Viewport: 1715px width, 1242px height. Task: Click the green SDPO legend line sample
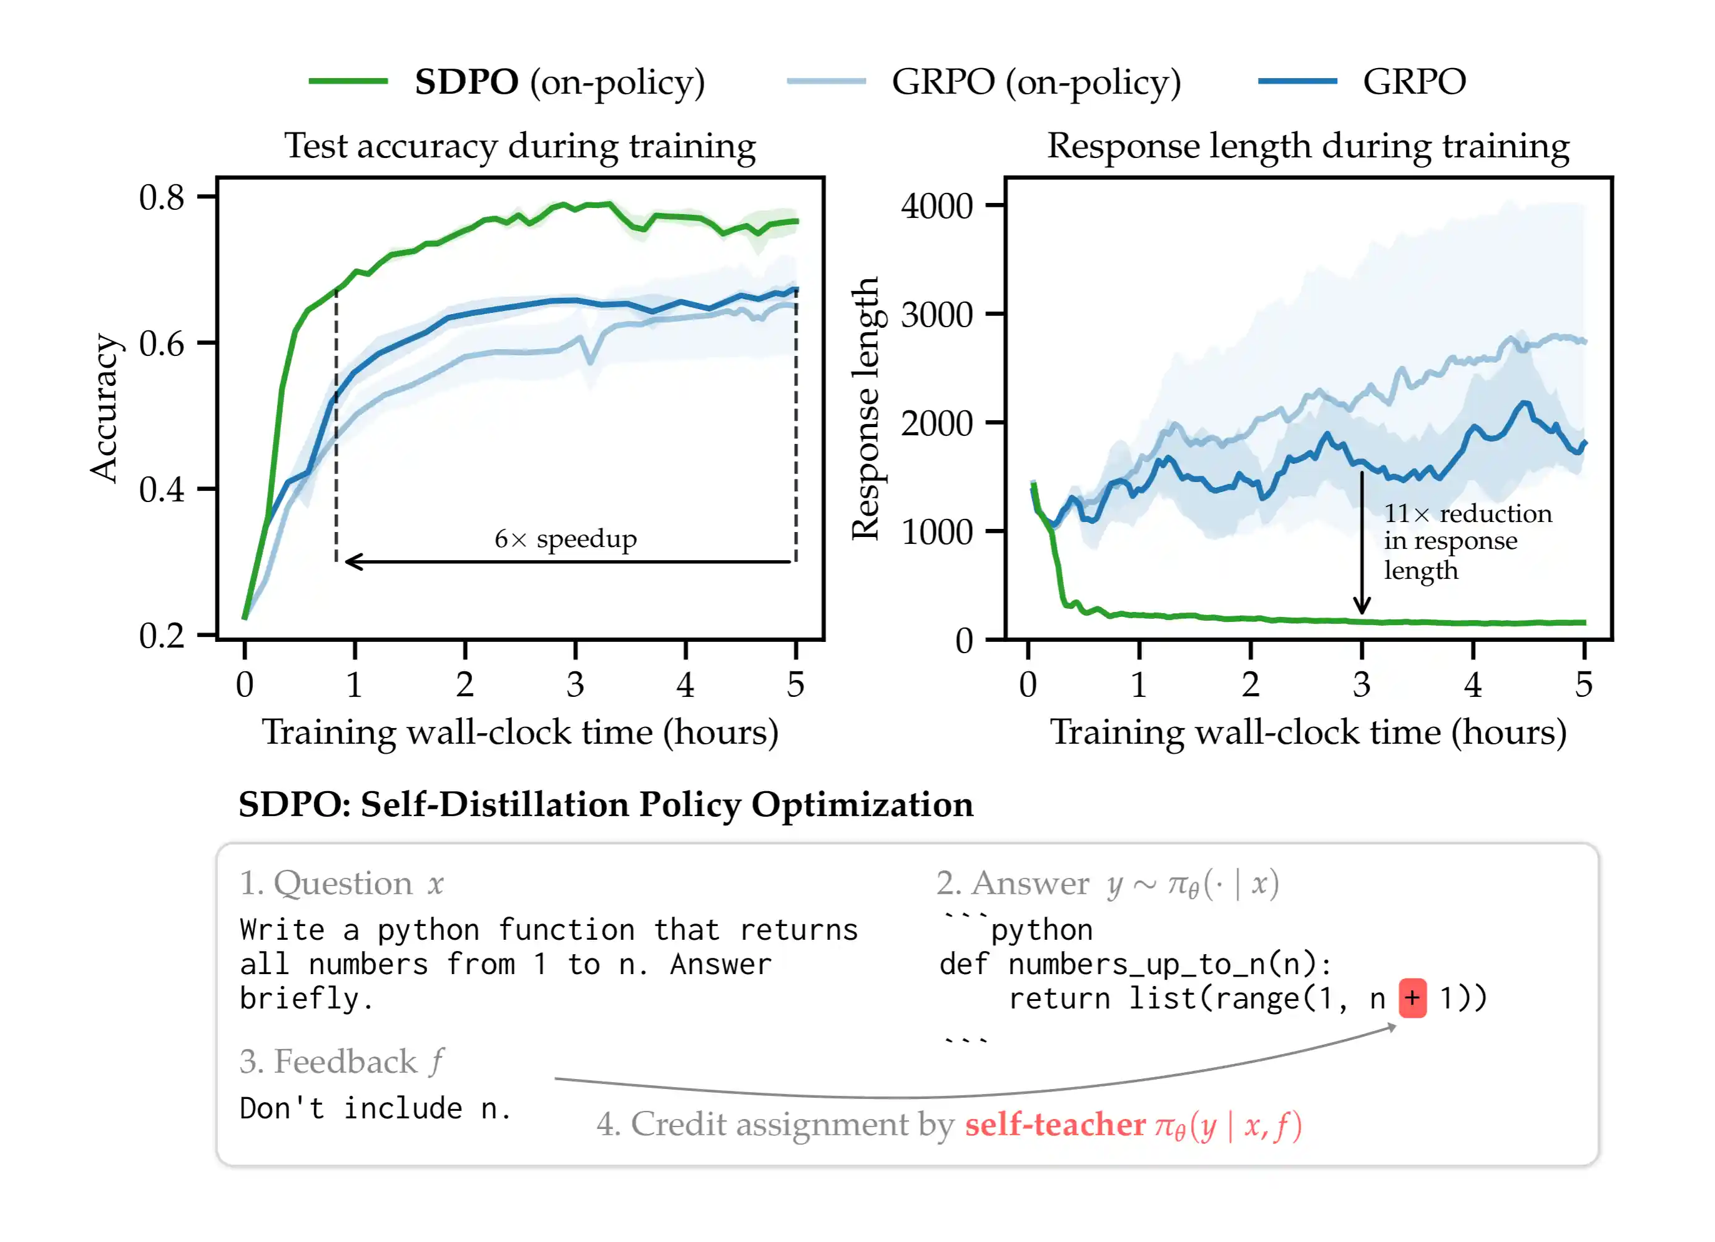click(348, 81)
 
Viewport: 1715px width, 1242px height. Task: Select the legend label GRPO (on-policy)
click(1036, 82)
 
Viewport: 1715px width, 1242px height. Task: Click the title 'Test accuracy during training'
click(520, 145)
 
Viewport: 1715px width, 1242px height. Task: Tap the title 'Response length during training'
click(1307, 145)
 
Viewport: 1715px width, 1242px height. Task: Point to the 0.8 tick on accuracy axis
click(162, 197)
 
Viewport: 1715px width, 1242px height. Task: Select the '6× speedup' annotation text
click(566, 538)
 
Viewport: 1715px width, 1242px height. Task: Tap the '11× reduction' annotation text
click(1467, 513)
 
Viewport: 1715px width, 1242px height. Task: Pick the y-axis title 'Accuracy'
click(104, 408)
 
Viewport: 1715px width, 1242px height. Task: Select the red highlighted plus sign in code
click(1412, 998)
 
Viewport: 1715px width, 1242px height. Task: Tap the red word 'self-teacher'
click(1055, 1124)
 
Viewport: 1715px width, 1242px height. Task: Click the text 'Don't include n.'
click(376, 1108)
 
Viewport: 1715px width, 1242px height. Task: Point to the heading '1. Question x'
click(342, 883)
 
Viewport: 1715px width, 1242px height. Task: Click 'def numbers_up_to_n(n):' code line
click(1134, 964)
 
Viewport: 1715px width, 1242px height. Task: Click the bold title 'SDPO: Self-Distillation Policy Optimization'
click(606, 804)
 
